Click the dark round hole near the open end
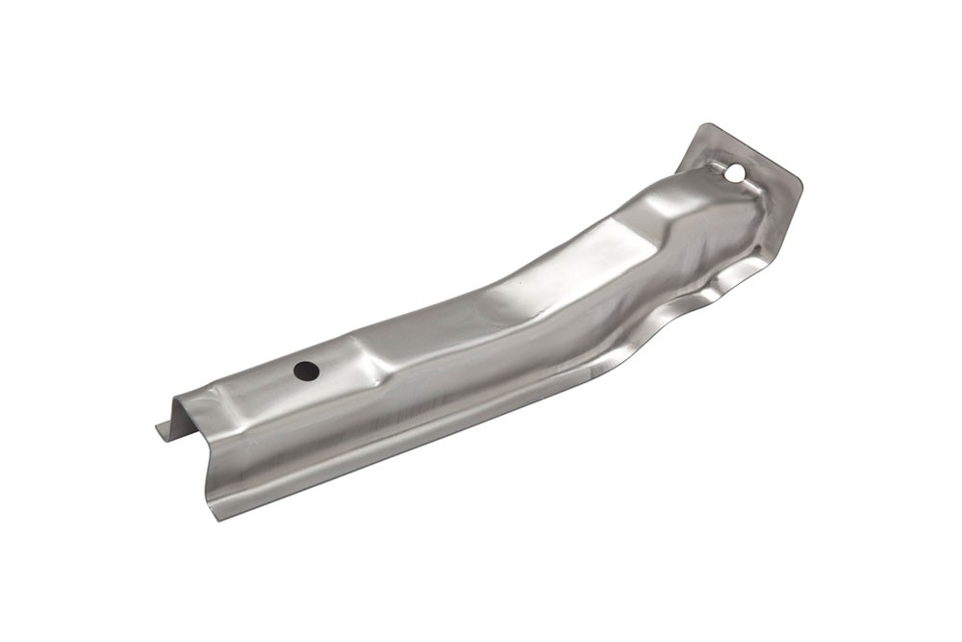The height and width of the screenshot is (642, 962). [306, 371]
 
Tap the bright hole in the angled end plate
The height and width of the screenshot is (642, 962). [734, 174]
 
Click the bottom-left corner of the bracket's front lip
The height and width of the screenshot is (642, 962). [218, 518]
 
